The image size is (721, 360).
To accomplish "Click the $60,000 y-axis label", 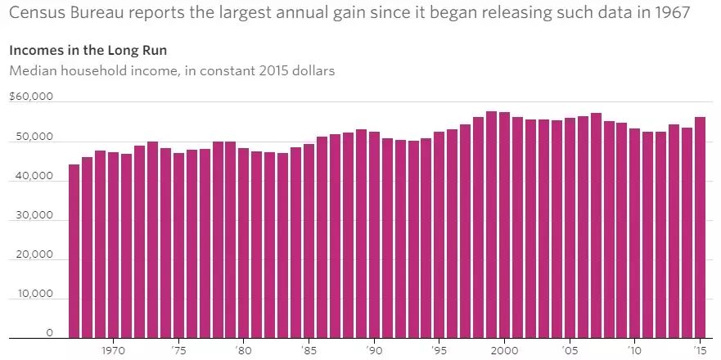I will (x=30, y=97).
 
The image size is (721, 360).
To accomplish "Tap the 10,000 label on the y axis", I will (x=32, y=294).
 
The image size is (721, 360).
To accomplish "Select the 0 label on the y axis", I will (x=50, y=333).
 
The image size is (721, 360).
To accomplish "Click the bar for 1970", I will (x=113, y=245).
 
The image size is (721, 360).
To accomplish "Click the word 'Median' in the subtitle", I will (x=32, y=70).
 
